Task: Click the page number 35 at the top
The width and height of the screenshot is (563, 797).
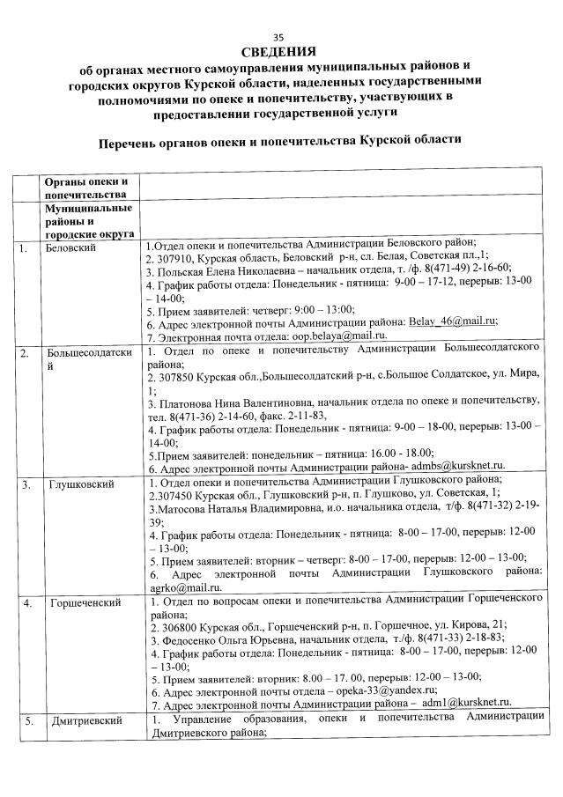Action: [x=279, y=36]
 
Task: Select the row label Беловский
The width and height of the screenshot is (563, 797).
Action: [x=71, y=247]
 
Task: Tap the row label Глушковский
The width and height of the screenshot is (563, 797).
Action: [x=78, y=483]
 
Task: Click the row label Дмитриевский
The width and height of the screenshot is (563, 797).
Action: [x=85, y=721]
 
